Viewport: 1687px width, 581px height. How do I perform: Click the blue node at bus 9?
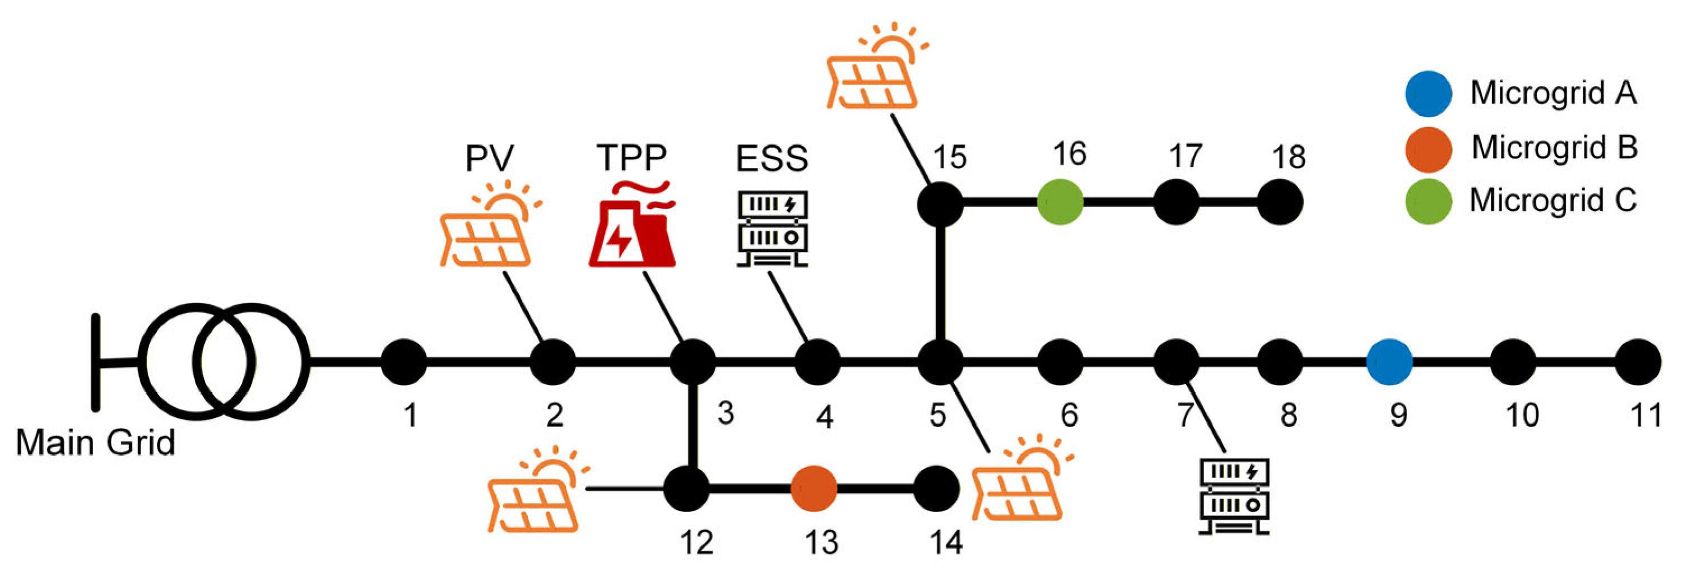point(1389,361)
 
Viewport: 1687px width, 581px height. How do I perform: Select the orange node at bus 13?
point(814,489)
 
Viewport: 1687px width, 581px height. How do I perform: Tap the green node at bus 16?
point(1060,202)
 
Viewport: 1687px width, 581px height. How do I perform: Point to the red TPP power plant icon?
point(631,226)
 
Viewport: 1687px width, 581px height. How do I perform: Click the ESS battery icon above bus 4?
point(773,229)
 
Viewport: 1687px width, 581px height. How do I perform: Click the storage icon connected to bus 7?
point(1234,496)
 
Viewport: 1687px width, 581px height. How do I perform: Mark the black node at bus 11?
point(1638,361)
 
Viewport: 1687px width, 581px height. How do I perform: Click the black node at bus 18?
point(1280,202)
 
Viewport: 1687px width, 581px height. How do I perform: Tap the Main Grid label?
point(96,443)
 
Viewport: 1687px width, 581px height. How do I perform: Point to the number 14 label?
point(946,542)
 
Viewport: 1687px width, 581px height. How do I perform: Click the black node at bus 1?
point(403,361)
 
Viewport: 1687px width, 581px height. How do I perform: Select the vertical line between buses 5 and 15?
point(940,282)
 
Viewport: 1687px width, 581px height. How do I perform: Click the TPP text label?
point(631,157)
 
